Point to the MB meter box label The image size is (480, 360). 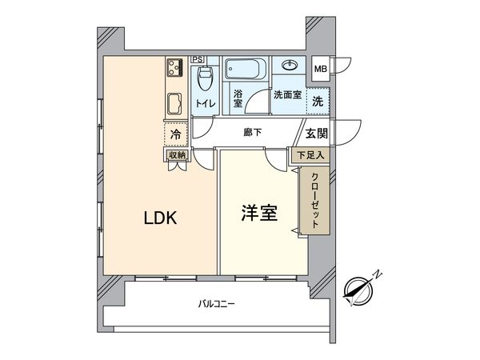click(x=320, y=69)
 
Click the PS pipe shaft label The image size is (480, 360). click(x=198, y=59)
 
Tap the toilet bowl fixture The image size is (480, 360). click(x=204, y=79)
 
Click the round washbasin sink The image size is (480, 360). click(x=289, y=66)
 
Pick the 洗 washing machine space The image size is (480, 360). click(x=318, y=102)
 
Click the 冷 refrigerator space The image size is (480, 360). click(x=175, y=134)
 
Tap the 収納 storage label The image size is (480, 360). click(x=176, y=154)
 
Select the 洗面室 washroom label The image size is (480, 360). click(x=286, y=94)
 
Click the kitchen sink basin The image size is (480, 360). click(x=175, y=103)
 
